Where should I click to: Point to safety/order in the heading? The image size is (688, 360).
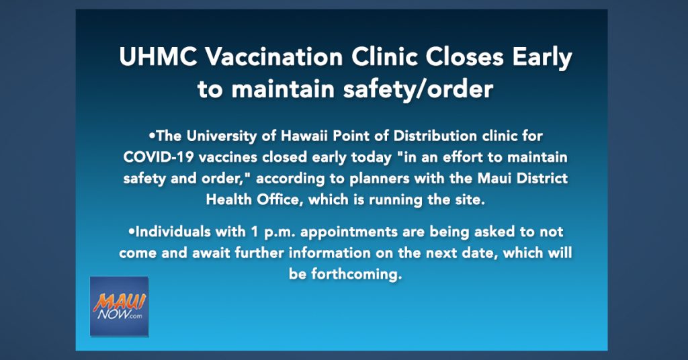[418, 89]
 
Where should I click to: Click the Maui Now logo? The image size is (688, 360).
[119, 306]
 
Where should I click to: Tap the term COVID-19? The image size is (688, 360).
[159, 157]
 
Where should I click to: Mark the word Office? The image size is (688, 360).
[279, 199]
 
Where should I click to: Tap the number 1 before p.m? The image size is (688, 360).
[255, 232]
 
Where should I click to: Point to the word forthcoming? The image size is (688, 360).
[356, 275]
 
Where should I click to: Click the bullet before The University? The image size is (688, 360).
[153, 136]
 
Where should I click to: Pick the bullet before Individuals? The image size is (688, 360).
[132, 232]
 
